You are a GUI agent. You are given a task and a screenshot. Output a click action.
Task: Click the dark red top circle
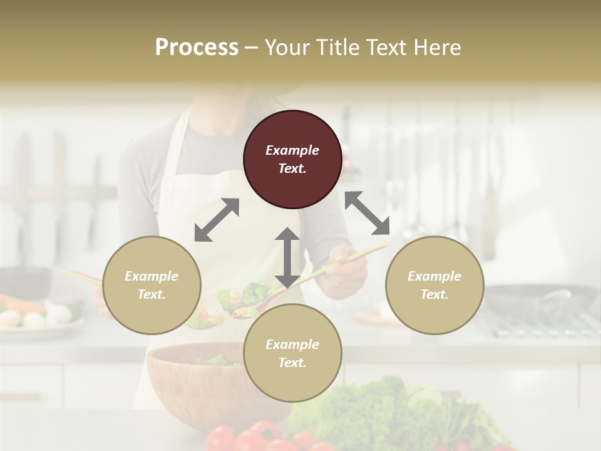coord(292,160)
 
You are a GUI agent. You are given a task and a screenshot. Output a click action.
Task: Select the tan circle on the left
coord(152,285)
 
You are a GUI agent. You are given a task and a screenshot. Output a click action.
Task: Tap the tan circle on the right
coord(434,285)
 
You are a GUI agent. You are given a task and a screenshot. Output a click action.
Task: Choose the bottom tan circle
coord(292,353)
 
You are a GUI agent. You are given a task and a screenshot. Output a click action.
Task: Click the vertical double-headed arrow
coord(287,257)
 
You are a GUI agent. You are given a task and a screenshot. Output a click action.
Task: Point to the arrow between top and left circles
coord(217,220)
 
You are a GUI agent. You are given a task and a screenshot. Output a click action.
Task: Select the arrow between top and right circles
coord(367,213)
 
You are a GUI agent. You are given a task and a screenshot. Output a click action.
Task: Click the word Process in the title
coord(197,47)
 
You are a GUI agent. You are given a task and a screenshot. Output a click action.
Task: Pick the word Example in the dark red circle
coord(292,150)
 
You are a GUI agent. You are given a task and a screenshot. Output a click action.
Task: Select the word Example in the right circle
coord(434,276)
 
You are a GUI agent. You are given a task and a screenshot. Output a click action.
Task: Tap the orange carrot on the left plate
coord(19,304)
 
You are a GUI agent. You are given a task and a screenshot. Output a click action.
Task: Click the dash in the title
coord(251,48)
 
